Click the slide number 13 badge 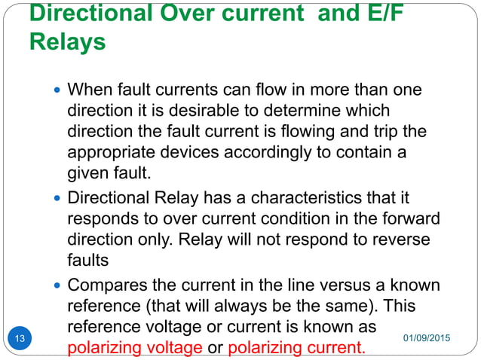pos(20,338)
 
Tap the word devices pos(187,153)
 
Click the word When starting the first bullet pos(87,90)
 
